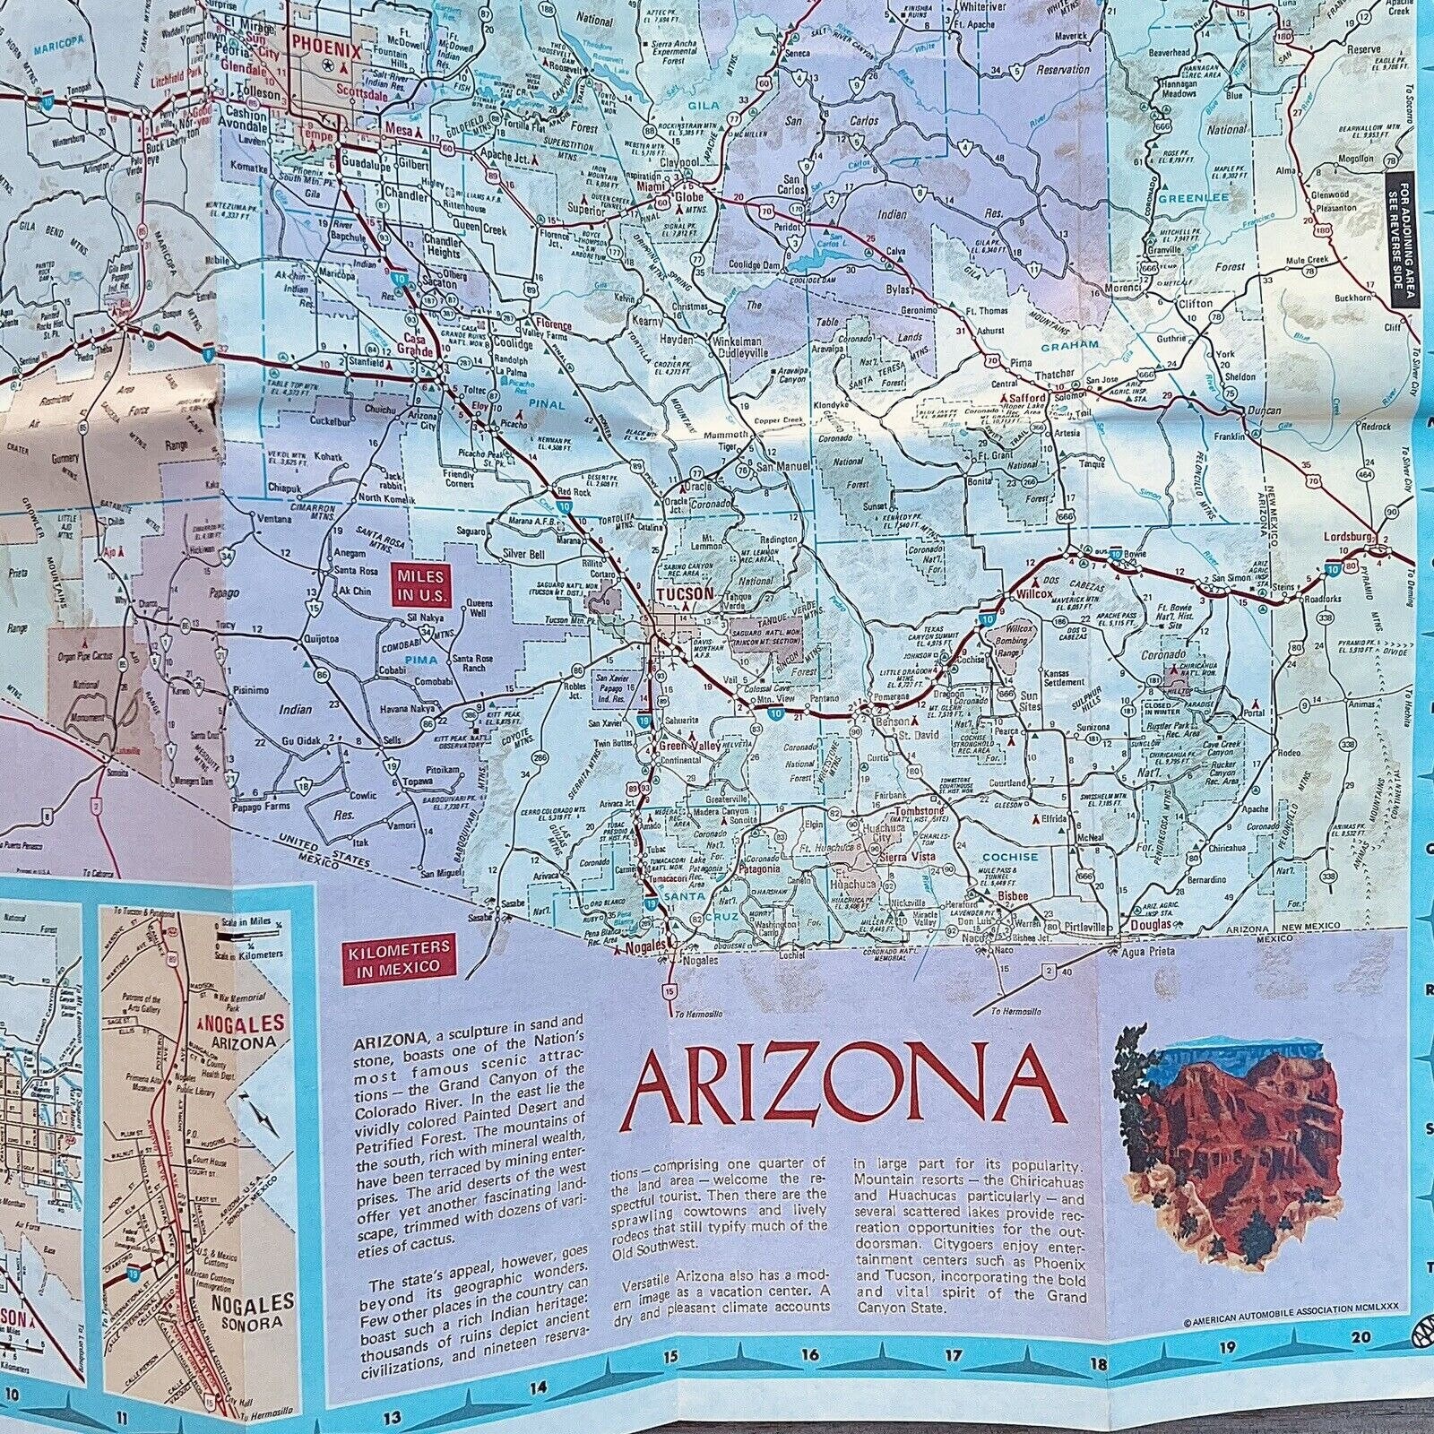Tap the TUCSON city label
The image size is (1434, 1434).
point(684,593)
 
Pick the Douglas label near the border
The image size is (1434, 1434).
point(1150,924)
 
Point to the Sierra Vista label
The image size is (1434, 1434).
point(910,857)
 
